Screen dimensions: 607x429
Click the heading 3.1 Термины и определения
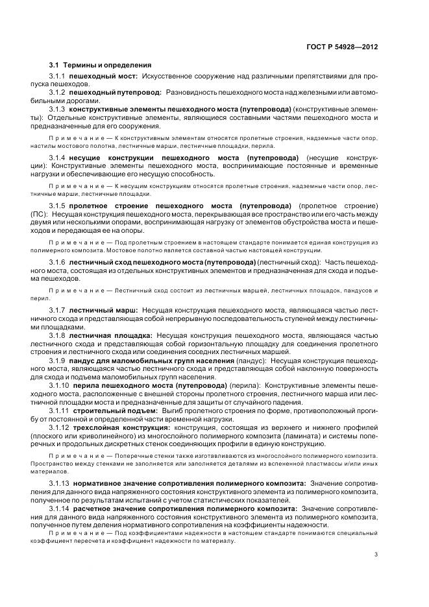click(x=100, y=65)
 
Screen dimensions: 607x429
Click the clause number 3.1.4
click(x=58, y=158)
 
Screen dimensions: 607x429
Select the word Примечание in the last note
click(x=71, y=533)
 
